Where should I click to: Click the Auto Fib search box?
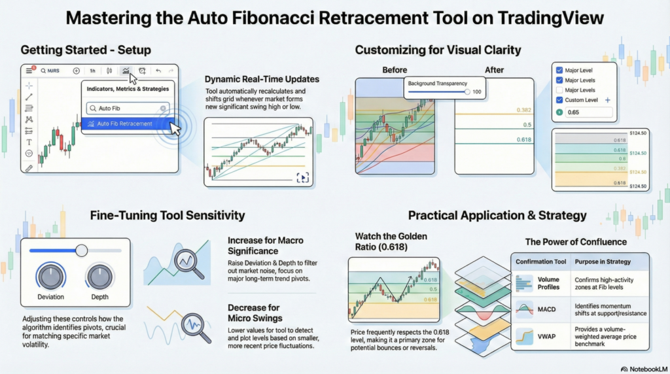128,108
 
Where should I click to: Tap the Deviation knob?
50,277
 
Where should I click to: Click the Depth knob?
100,277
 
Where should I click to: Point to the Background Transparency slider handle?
467,92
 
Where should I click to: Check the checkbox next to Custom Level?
559,100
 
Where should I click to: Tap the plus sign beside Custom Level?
607,100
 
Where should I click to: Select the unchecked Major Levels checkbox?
559,90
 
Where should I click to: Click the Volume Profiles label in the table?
548,283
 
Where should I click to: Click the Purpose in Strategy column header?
603,262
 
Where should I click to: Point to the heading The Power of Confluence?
576,242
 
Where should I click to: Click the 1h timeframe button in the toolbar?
92,71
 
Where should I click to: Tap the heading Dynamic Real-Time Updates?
262,79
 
